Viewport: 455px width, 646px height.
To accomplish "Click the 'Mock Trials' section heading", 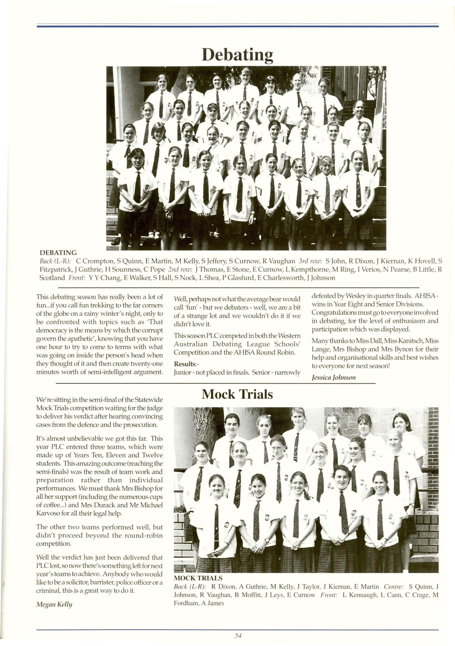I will pos(237,394).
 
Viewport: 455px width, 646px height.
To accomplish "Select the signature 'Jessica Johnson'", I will pos(333,378).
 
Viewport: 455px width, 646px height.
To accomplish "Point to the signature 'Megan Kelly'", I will pos(54,604).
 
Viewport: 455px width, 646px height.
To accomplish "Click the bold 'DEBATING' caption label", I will pos(58,253).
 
